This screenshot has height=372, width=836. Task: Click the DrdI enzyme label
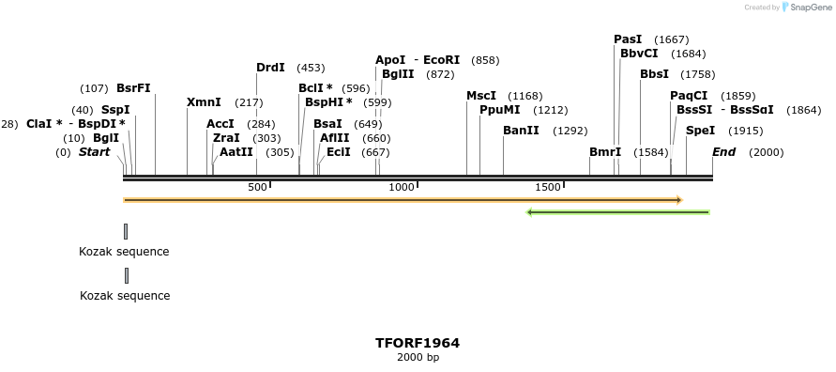(x=270, y=68)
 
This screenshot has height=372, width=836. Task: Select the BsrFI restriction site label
(x=133, y=89)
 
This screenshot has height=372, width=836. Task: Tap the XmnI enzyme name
(x=204, y=102)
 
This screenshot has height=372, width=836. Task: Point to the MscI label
(x=481, y=96)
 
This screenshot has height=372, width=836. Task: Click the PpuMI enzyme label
(x=499, y=110)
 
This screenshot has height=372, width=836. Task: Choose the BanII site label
(x=521, y=131)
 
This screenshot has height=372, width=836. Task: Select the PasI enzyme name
(x=628, y=39)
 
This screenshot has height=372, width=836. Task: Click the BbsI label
(x=654, y=74)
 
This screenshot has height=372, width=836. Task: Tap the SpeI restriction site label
(x=700, y=131)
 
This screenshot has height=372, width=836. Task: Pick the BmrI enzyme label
(x=605, y=152)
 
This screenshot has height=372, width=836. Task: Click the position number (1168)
(x=525, y=96)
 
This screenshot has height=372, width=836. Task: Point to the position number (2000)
(x=766, y=152)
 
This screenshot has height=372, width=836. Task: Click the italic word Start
(x=94, y=152)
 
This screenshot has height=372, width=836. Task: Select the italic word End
(x=723, y=152)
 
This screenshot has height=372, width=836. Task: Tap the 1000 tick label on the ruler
(x=402, y=188)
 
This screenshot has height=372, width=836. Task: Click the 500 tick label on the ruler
(x=258, y=188)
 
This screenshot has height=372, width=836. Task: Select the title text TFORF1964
(x=418, y=343)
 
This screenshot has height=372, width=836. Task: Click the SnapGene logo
(x=806, y=8)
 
